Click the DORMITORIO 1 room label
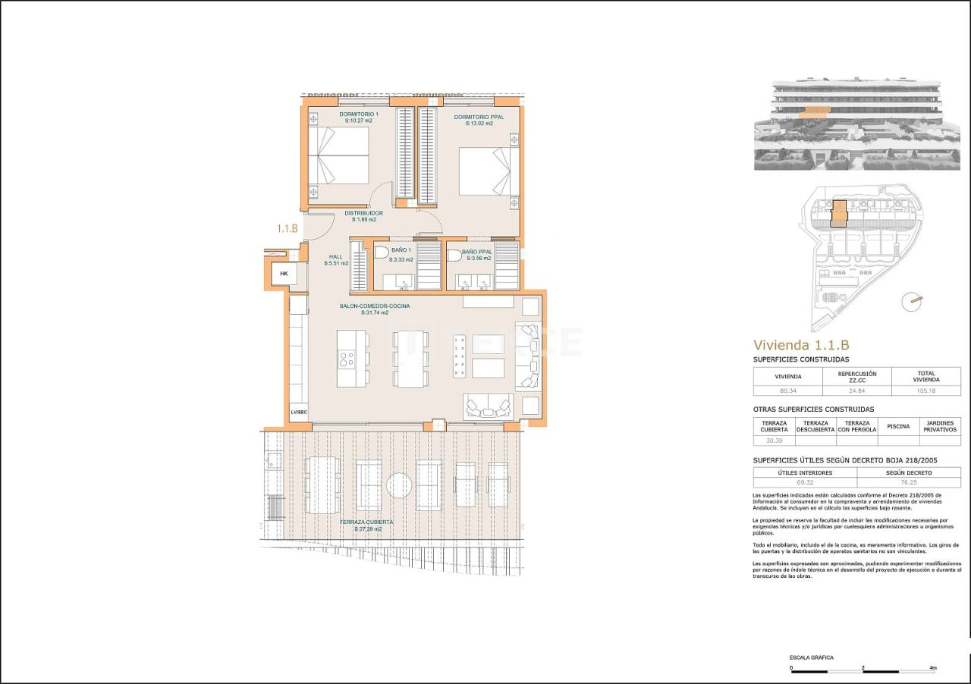[338, 118]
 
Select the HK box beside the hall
[284, 274]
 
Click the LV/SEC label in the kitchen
[298, 413]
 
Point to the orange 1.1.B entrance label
[288, 227]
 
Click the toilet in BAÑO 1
[382, 252]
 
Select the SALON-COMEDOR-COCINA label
[374, 309]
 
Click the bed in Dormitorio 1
[339, 155]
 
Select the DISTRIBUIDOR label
[363, 216]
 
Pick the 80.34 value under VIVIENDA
[787, 391]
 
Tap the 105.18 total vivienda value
[925, 391]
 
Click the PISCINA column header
[898, 426]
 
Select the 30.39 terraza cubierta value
[774, 440]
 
